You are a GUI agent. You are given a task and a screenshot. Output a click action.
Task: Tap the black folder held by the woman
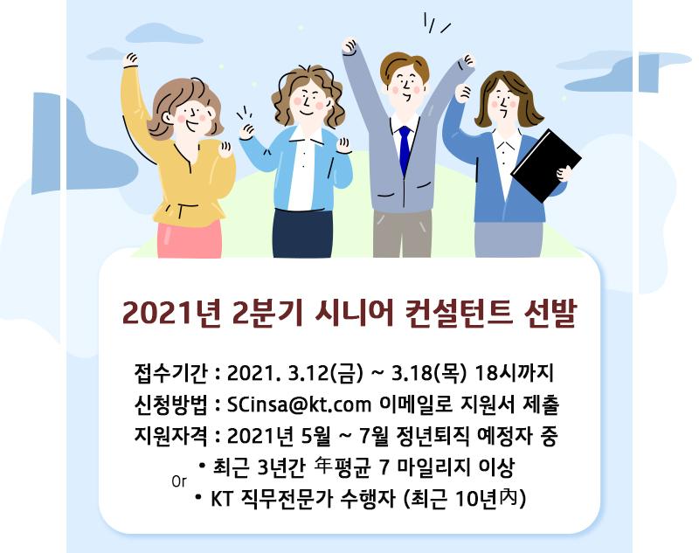pos(546,165)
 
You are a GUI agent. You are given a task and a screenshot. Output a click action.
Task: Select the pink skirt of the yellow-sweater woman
pos(190,238)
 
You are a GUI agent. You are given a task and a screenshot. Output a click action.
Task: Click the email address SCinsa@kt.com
pos(299,404)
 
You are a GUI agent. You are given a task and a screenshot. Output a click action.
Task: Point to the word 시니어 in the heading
pos(354,313)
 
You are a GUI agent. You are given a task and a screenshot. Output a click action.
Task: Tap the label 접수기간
pos(170,373)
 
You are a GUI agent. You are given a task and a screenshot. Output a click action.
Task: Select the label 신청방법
pos(170,404)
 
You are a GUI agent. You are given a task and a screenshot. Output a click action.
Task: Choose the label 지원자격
pos(170,436)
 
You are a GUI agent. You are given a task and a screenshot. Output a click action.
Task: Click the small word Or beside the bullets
pos(179,481)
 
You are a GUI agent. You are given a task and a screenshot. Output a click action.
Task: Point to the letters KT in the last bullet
pos(221,499)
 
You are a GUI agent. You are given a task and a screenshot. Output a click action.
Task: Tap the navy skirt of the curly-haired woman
pos(302,233)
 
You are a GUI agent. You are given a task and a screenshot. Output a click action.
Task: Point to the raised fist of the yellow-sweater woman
pos(131,60)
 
